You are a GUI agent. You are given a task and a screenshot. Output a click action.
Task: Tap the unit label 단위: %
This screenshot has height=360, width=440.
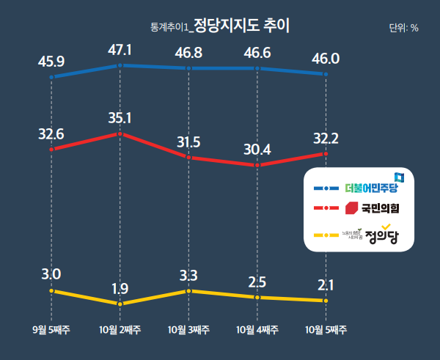[x=403, y=28]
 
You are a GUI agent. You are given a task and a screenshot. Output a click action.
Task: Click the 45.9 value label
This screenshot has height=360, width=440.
[x=51, y=61]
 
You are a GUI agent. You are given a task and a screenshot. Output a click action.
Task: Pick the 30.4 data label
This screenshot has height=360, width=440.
[x=257, y=150]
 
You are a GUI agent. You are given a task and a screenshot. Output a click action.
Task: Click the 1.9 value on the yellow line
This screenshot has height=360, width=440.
[x=120, y=287]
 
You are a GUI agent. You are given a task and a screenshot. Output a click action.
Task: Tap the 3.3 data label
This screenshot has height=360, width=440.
[x=188, y=276]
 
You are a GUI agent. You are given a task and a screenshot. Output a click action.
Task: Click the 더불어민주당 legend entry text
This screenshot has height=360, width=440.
[x=371, y=188]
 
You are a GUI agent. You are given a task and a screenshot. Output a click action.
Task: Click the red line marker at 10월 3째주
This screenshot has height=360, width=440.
[x=188, y=157]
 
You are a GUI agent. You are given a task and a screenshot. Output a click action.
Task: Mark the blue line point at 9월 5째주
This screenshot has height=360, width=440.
[x=51, y=76]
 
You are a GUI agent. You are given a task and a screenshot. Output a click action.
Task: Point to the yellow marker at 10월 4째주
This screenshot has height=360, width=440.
[x=257, y=297]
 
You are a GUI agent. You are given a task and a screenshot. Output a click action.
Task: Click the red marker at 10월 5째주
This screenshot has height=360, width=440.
[x=325, y=154]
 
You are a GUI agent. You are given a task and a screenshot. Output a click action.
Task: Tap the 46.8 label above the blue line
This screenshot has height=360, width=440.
[x=188, y=53]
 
